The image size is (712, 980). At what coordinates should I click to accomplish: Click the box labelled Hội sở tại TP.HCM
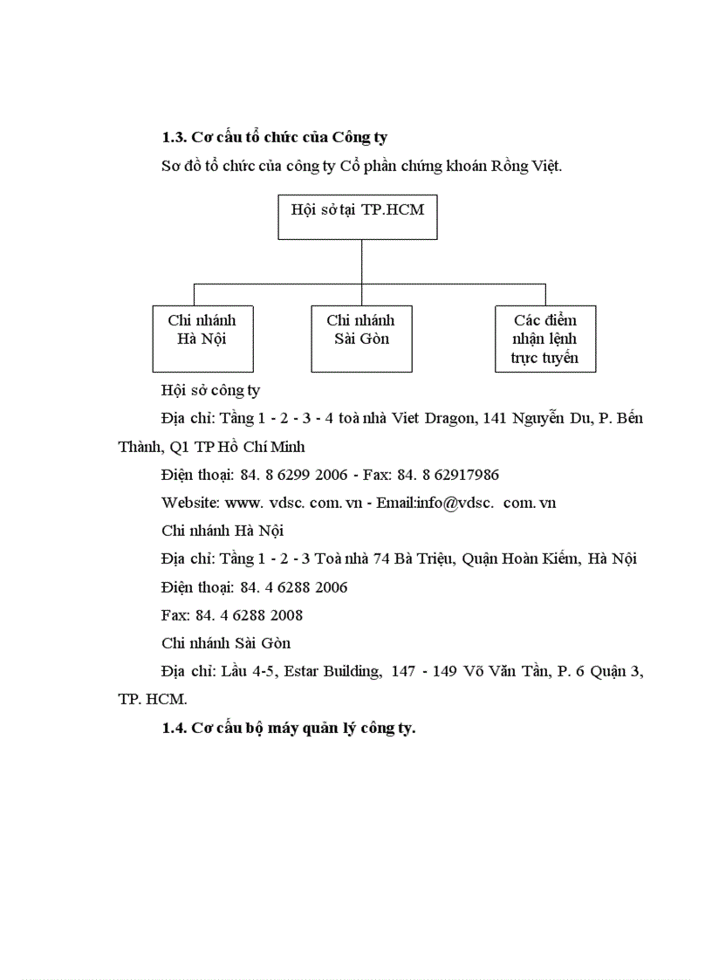coord(357,216)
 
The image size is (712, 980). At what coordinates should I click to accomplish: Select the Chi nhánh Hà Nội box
coord(202,339)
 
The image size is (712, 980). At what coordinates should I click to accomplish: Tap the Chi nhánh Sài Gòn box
coord(360,339)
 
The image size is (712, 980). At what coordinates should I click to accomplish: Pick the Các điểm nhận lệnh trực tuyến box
coord(544,339)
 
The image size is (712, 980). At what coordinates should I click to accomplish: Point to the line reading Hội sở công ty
coord(210,390)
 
